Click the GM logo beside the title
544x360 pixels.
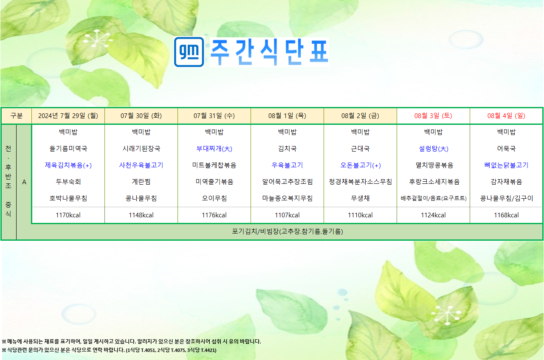coord(189,52)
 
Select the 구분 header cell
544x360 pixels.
coord(17,116)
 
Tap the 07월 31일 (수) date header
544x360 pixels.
coord(214,116)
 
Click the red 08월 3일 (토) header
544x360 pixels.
coord(433,116)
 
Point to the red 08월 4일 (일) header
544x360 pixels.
coord(506,116)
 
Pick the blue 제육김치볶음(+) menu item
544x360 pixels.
coord(68,165)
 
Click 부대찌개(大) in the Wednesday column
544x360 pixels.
coord(214,149)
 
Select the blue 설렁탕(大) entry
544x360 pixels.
coord(434,149)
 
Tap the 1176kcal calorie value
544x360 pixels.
coord(214,215)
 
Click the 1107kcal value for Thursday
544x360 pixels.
coord(288,215)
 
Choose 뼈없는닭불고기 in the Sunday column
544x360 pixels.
coord(506,165)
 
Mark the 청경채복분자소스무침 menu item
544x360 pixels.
coord(361,182)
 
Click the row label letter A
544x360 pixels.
coord(24,182)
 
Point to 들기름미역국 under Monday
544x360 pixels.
coord(68,149)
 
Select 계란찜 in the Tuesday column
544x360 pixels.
coord(141,182)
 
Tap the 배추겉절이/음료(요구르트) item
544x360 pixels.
coord(434,198)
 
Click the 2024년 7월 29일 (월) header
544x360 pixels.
coord(68,116)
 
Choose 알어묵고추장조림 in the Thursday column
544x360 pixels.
coord(288,182)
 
